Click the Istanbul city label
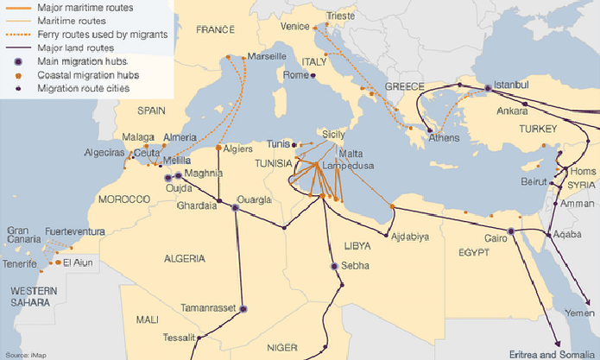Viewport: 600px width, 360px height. pos(517,86)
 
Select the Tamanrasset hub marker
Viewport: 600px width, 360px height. pos(243,308)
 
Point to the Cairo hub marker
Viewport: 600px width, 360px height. pos(510,231)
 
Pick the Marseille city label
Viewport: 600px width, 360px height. pos(267,56)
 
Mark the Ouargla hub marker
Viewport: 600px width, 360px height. pos(235,207)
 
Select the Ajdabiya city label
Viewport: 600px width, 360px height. pos(410,237)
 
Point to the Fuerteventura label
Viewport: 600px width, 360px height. pos(74,231)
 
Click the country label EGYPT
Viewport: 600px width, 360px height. pos(474,251)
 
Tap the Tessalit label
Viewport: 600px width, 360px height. pos(179,338)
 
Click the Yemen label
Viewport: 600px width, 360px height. pos(580,313)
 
